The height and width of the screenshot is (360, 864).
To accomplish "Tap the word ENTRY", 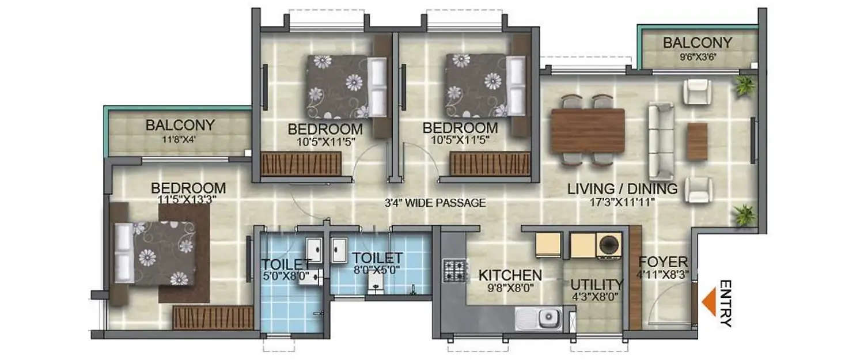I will [x=726, y=304].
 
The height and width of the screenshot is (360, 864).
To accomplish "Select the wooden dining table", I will [x=588, y=130].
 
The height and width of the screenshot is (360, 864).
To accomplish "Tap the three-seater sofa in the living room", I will [x=660, y=141].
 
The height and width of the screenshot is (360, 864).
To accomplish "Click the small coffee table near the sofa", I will [x=697, y=141].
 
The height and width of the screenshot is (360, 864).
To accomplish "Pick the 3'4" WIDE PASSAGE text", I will [x=435, y=203].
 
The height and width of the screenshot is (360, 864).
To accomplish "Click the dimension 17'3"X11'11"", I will [x=622, y=202].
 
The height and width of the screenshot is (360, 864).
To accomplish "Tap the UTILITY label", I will [x=596, y=285].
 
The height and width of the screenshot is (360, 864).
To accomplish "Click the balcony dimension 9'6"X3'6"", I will [x=697, y=56].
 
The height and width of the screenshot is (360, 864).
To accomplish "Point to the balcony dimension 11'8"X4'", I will [x=180, y=139].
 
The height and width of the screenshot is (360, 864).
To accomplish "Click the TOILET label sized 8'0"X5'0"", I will [x=377, y=257].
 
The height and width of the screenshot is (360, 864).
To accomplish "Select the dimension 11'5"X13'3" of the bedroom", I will [x=188, y=200].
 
